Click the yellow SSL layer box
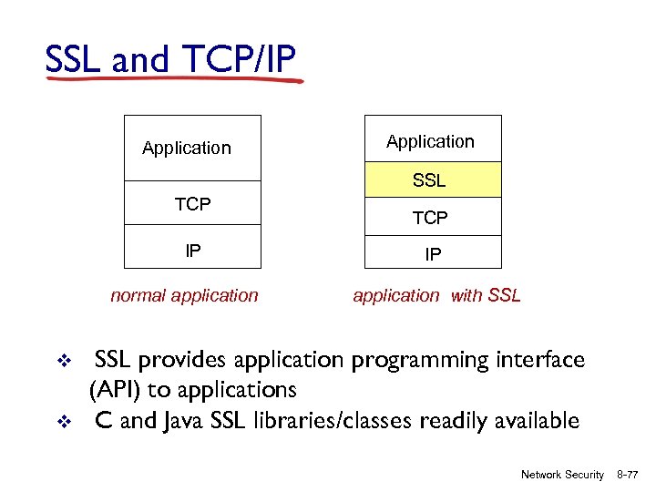click(433, 180)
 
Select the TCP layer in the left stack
click(192, 205)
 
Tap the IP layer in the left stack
click(192, 249)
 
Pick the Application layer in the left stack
click(187, 148)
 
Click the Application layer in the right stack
click(430, 141)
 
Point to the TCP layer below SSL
click(430, 218)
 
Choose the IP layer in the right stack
click(433, 254)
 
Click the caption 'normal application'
click(184, 295)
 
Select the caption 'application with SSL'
click(436, 295)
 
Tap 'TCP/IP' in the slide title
click(243, 60)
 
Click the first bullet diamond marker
click(64, 362)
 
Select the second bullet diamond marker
click(64, 422)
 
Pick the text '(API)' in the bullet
click(114, 391)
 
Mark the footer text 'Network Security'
click(562, 475)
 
